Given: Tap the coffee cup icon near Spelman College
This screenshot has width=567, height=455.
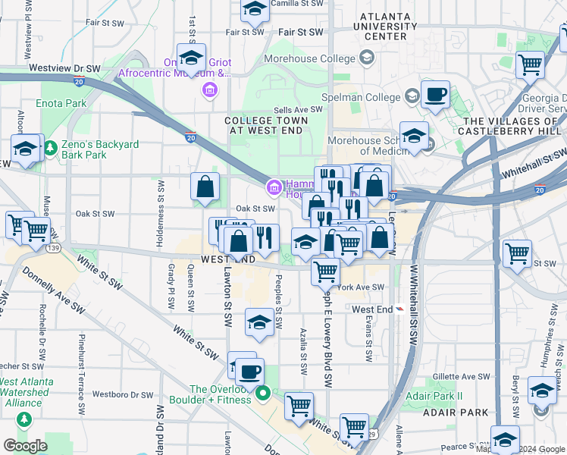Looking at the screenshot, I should tap(435, 96).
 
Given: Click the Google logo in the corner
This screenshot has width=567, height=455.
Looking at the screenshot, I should tap(25, 446).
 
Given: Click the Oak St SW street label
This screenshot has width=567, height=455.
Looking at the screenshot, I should tap(255, 209).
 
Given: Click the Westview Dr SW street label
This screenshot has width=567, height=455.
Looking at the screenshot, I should tap(64, 67).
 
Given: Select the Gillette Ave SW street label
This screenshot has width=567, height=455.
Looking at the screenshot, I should tap(462, 376).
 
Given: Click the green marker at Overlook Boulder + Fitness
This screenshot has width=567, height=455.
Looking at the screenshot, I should tap(263, 393).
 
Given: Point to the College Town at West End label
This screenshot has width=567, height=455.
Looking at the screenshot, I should tap(267, 125).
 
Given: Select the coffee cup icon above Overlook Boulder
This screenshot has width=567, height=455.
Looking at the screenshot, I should tap(249, 372).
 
